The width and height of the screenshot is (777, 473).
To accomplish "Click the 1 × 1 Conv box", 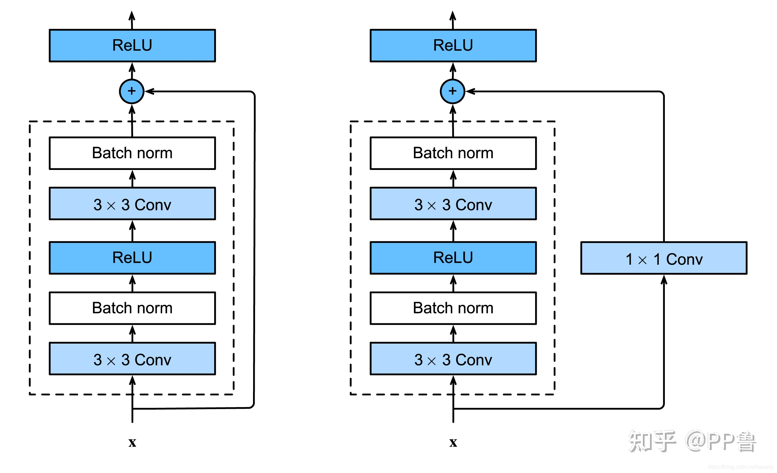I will coord(663,258).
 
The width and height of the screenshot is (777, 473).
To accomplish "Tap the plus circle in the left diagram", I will coord(132,91).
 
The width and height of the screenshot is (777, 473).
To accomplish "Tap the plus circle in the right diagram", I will coord(453,91).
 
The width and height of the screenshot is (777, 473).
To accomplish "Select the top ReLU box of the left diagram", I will coord(132,46).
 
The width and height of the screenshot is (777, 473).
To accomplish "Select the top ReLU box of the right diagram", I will coord(453,46).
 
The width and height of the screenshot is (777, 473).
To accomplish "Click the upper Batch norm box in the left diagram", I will coord(132,153).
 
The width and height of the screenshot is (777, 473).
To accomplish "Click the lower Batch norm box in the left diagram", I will coord(132,308).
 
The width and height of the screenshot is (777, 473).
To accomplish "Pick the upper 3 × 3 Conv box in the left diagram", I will coord(132,204).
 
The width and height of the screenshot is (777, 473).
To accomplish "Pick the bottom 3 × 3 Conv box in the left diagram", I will coord(132,359).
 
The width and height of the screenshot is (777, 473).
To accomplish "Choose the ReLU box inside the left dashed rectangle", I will coord(132,258).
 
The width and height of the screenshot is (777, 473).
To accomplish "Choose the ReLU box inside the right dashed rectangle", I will coord(453,258).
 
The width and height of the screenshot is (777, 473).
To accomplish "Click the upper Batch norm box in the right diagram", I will coord(453,153).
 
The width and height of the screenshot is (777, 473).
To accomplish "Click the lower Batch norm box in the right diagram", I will coord(453,308).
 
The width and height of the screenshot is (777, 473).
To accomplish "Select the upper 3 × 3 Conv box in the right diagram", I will coord(453,204).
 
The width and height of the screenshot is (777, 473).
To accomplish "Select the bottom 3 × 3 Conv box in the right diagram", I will coord(453,359).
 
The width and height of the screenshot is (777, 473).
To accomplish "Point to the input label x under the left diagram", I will coord(132,442).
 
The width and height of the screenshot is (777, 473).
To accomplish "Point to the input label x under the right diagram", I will coord(453,442).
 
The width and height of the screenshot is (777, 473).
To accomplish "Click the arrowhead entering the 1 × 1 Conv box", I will coord(664,280).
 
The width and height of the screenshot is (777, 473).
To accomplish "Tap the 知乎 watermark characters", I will coord(652,441).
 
